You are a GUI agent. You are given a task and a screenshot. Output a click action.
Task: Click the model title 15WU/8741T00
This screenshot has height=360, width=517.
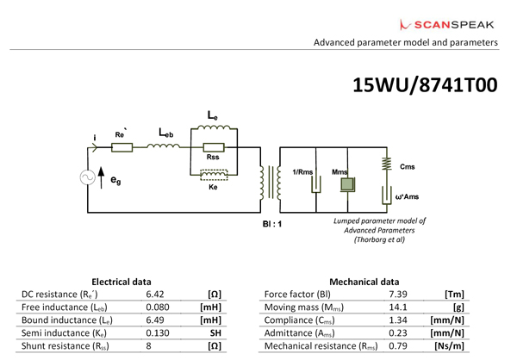click(425, 86)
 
